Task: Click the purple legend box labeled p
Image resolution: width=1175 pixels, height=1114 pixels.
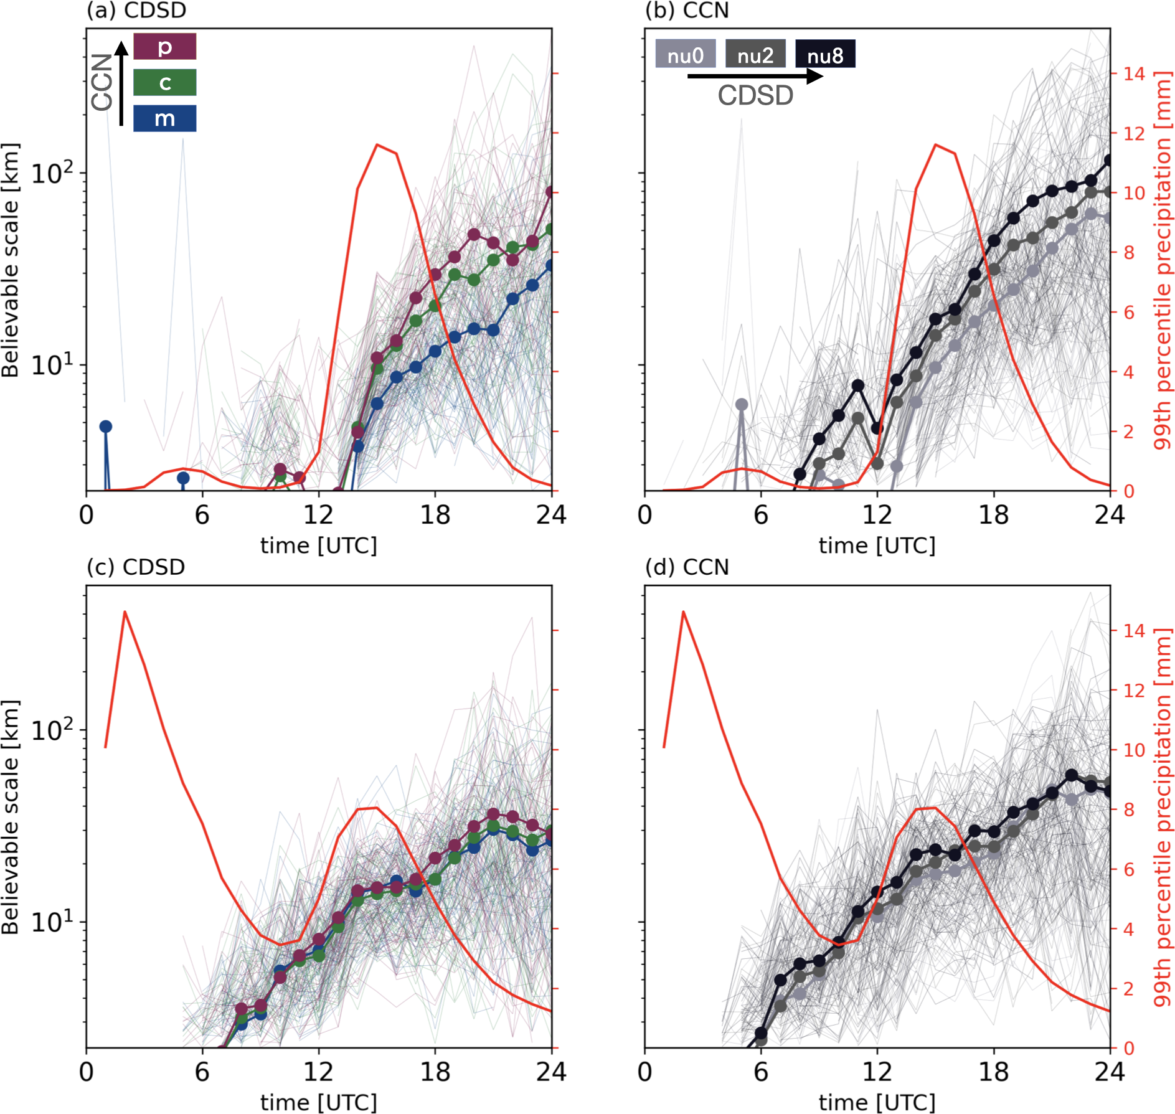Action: [165, 47]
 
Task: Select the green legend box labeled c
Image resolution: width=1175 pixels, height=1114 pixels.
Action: [165, 82]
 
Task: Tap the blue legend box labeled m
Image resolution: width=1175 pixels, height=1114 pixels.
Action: [165, 118]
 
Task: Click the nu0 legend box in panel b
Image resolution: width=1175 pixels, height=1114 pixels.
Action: [685, 54]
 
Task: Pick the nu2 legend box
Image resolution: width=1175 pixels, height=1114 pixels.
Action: [755, 54]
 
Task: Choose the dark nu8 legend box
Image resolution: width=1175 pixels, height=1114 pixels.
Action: [825, 54]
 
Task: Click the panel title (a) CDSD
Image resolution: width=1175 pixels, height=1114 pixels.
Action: [136, 11]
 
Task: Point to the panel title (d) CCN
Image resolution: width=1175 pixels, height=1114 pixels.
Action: [687, 567]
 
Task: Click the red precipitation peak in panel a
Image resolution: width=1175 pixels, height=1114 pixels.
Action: [377, 145]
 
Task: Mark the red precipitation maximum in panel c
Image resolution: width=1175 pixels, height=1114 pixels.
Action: [125, 612]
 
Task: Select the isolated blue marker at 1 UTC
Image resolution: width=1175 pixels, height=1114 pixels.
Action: [106, 427]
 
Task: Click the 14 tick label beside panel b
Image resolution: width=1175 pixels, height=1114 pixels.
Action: [1134, 73]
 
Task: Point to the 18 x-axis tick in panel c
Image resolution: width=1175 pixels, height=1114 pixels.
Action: [435, 1072]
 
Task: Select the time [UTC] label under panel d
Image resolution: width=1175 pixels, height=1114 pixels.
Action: [877, 1103]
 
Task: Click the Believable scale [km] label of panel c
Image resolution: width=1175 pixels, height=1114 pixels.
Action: [11, 817]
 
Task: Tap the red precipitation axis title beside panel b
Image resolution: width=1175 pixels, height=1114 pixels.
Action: [1162, 260]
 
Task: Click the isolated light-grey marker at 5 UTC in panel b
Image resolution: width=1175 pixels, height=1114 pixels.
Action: [742, 405]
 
